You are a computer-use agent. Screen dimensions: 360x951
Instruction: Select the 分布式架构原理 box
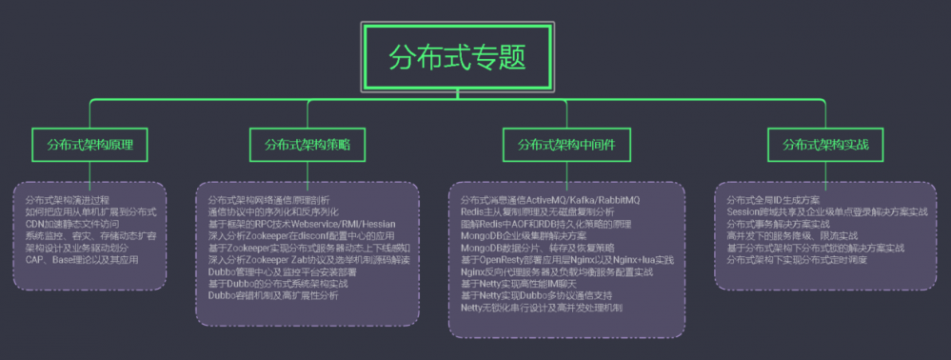(90, 145)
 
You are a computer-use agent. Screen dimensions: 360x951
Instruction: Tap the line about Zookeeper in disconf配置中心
(300, 235)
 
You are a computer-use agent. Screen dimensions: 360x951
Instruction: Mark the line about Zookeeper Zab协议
(310, 259)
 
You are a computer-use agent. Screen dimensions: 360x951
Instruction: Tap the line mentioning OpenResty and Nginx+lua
(565, 259)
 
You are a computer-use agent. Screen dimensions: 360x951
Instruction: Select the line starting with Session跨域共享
(826, 211)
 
